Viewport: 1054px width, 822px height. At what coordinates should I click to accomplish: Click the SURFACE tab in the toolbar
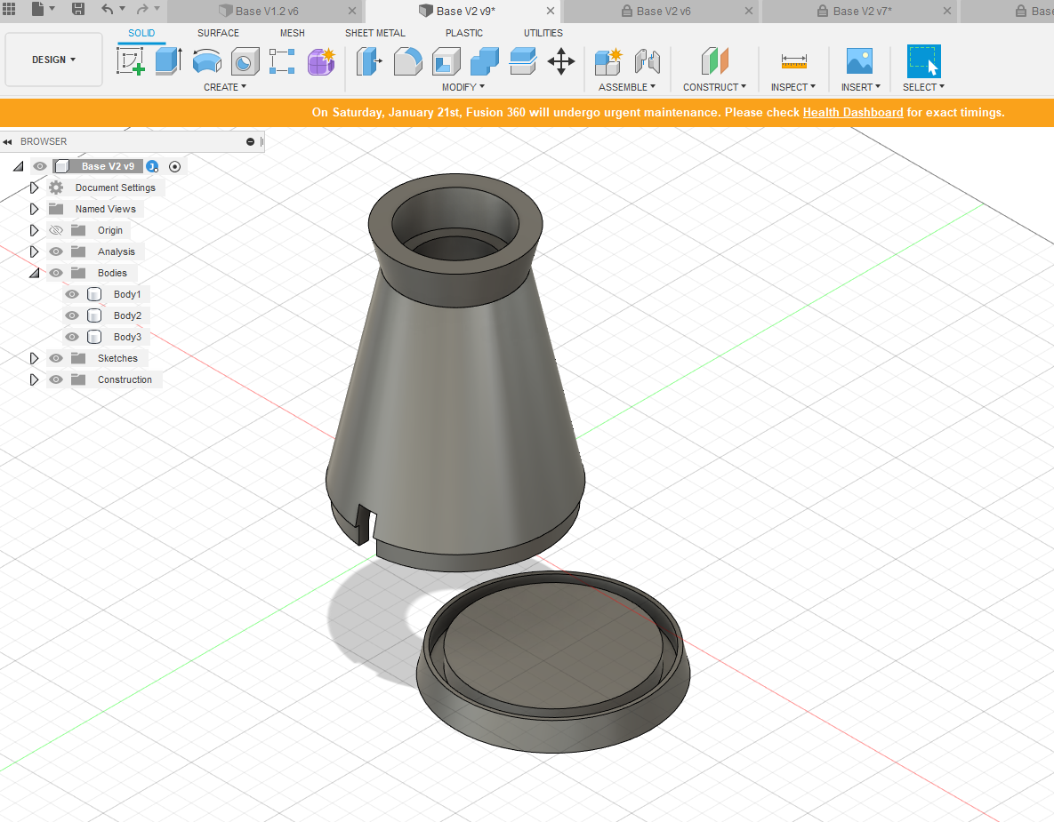click(x=218, y=33)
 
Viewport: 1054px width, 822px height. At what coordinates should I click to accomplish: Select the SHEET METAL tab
click(x=375, y=33)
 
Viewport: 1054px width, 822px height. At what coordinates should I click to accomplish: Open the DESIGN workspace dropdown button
click(x=53, y=60)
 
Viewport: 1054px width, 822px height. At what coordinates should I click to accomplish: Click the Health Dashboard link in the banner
click(x=853, y=112)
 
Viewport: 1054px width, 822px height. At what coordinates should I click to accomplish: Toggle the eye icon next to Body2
click(x=72, y=315)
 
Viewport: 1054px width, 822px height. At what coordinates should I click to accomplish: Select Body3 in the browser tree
click(x=127, y=337)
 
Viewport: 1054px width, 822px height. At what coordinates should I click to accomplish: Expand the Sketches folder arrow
click(x=35, y=359)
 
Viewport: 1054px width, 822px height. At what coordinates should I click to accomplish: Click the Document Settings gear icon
click(x=56, y=188)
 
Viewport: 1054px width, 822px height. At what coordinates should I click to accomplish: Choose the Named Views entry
click(x=106, y=209)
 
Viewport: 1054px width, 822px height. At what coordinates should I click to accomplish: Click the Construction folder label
click(x=125, y=379)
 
